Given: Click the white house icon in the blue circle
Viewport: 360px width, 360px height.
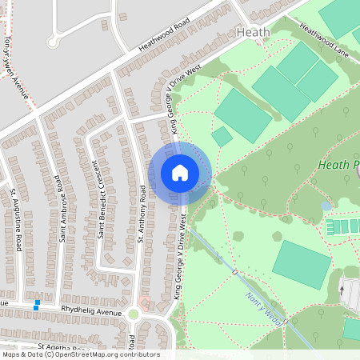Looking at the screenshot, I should [x=180, y=173].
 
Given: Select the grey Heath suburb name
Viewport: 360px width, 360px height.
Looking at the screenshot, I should [x=254, y=32].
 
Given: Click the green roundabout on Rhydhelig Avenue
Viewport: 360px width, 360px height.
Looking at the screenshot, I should [x=133, y=315].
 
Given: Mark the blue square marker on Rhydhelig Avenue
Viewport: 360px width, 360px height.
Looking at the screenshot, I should [x=36, y=305].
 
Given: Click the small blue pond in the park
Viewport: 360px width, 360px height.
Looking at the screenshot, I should [x=326, y=206].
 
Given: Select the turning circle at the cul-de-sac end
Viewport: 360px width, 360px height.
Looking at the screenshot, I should [x=54, y=42].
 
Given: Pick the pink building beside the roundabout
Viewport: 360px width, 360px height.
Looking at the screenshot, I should [x=145, y=302].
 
